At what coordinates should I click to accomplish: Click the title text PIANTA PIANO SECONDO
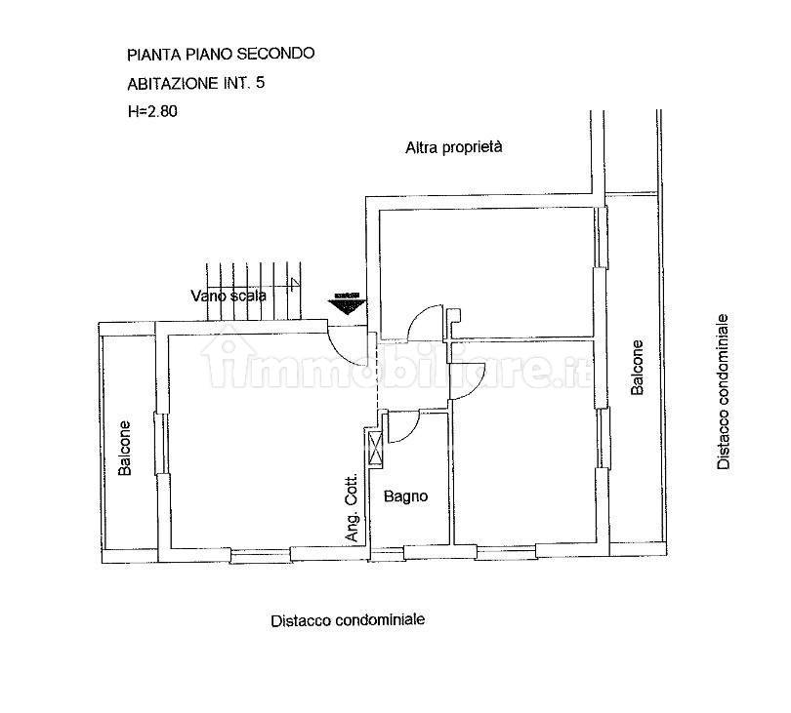pyautogui.click(x=221, y=54)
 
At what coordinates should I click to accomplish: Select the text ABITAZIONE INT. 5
pyautogui.click(x=195, y=83)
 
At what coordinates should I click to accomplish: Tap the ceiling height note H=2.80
pyautogui.click(x=152, y=111)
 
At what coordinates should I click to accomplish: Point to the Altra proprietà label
pyautogui.click(x=454, y=147)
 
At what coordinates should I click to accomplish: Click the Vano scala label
pyautogui.click(x=229, y=296)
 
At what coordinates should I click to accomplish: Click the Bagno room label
pyautogui.click(x=405, y=496)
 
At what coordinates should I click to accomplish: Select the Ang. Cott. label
pyautogui.click(x=353, y=507)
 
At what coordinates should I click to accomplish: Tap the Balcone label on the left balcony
pyautogui.click(x=125, y=448)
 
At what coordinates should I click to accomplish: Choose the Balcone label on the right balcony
pyautogui.click(x=637, y=367)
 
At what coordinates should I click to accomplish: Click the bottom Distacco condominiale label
pyautogui.click(x=348, y=619)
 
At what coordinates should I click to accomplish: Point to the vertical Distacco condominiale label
pyautogui.click(x=724, y=391)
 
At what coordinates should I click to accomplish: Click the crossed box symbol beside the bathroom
pyautogui.click(x=376, y=448)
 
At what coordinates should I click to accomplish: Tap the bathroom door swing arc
pyautogui.click(x=411, y=432)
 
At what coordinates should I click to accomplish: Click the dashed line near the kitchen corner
pyautogui.click(x=376, y=373)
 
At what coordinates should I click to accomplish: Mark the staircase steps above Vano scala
pyautogui.click(x=253, y=291)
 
